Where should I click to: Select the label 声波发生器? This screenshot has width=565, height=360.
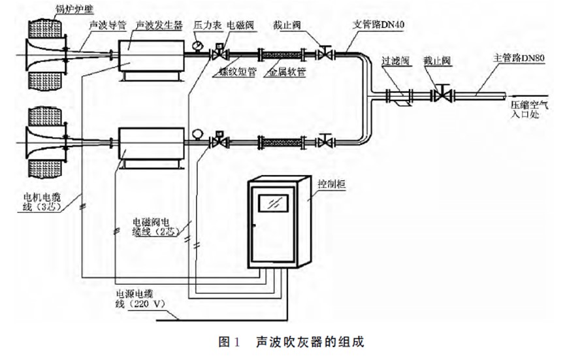click(x=155, y=25)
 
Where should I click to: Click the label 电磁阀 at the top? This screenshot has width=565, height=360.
click(x=241, y=25)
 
